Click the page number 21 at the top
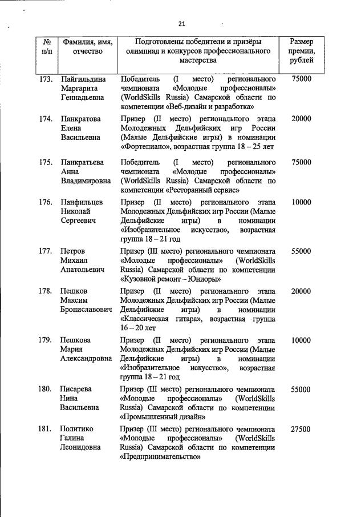tap(182, 23)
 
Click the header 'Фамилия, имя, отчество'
tap(87, 47)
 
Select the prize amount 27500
tap(301, 429)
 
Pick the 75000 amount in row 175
tap(301, 162)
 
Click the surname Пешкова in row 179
tap(76, 340)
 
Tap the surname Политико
tap(77, 429)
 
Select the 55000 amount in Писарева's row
tap(301, 390)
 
